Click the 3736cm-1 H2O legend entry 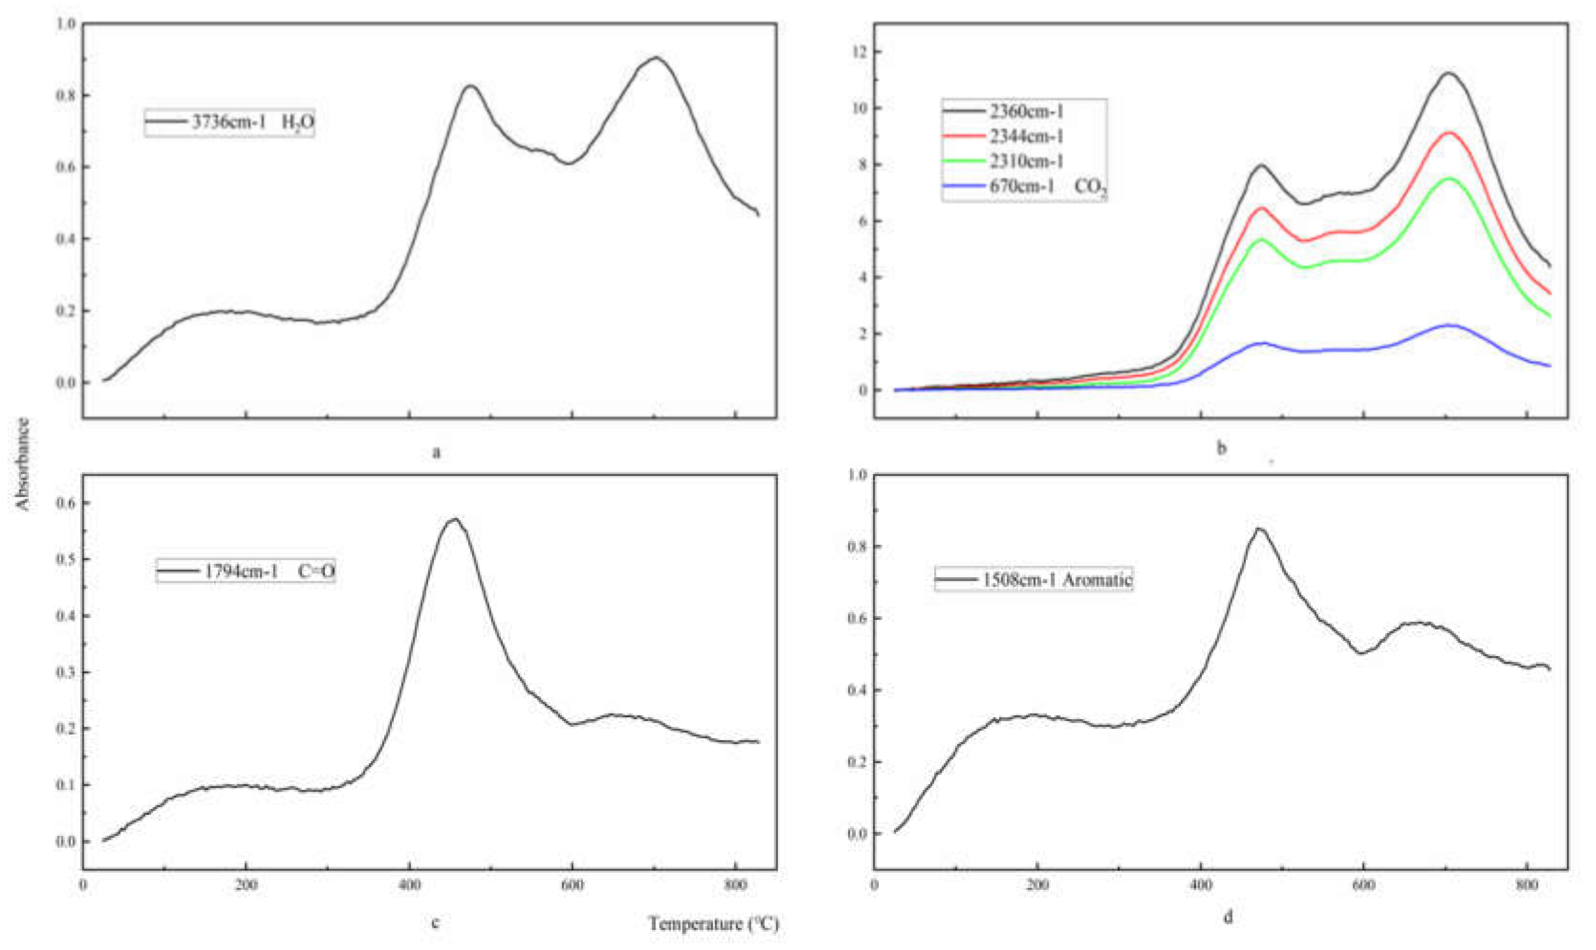tap(229, 122)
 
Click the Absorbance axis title tap(23, 464)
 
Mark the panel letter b tap(1221, 448)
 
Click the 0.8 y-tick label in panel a tap(66, 96)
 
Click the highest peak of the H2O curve tap(657, 58)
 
